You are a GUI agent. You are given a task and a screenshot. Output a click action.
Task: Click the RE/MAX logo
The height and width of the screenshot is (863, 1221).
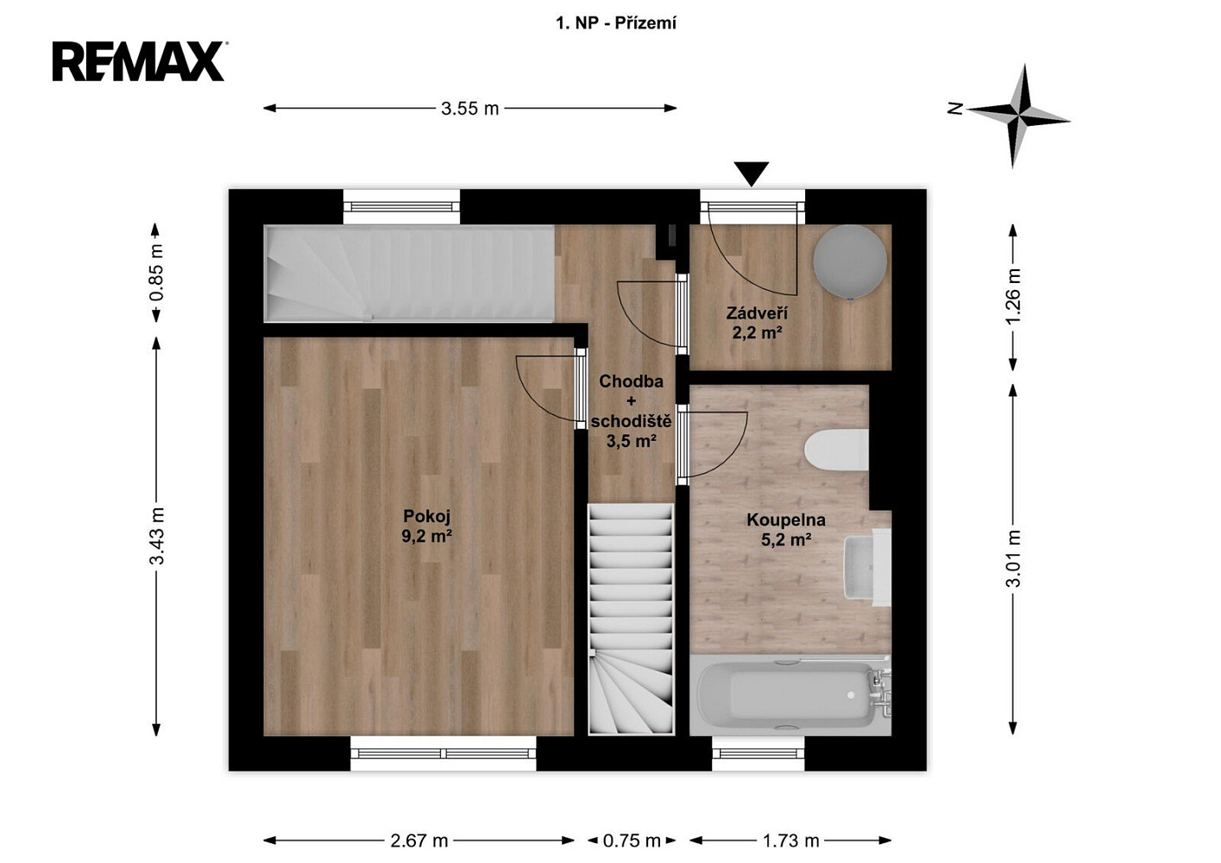(x=139, y=61)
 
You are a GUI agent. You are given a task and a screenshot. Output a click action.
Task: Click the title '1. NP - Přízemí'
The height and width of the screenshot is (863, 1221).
(x=616, y=23)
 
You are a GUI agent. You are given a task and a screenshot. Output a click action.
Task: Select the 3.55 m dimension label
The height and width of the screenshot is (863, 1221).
(x=470, y=109)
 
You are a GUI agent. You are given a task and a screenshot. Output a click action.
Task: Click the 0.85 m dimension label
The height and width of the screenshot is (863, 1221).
(x=156, y=273)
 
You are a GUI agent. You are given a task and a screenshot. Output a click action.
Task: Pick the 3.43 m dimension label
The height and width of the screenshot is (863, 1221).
(x=157, y=535)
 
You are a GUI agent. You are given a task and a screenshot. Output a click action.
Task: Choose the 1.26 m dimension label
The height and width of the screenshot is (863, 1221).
(x=1013, y=296)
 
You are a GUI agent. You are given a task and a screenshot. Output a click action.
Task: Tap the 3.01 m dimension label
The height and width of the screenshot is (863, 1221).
(x=1013, y=558)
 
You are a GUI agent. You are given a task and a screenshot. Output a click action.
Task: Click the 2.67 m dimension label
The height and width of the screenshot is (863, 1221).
(x=419, y=841)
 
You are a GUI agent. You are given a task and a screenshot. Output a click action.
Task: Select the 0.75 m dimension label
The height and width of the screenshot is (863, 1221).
(x=632, y=841)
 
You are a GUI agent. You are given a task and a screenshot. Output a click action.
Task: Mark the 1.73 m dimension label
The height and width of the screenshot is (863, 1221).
(x=790, y=841)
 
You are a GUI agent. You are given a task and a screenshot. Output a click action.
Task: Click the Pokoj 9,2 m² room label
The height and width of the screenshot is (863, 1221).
(x=427, y=526)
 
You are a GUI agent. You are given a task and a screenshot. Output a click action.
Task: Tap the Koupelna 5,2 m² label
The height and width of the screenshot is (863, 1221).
(x=786, y=530)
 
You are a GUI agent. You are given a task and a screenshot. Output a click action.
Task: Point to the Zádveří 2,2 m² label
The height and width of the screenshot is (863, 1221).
(x=757, y=323)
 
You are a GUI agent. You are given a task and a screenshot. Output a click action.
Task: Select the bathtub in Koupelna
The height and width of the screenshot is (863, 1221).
(x=790, y=695)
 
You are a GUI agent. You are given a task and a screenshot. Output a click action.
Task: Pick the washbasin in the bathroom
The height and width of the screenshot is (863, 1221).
(x=867, y=566)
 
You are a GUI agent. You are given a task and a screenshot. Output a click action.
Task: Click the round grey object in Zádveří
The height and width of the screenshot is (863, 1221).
(x=850, y=261)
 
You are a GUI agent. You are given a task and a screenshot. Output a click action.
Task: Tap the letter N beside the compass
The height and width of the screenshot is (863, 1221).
(x=954, y=109)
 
